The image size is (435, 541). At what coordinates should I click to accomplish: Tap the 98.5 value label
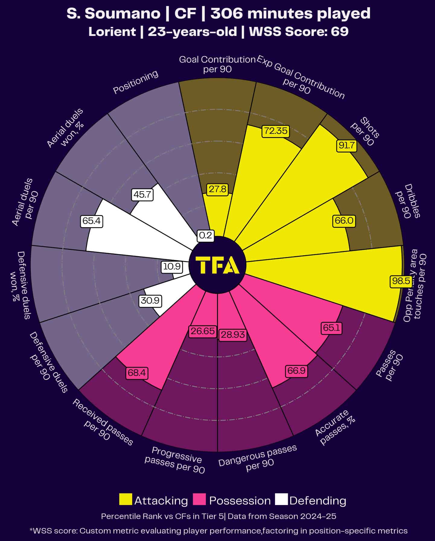pyautogui.click(x=401, y=281)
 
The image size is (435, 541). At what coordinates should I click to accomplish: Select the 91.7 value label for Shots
pyautogui.click(x=347, y=146)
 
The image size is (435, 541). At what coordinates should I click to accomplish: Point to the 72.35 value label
pyautogui.click(x=276, y=131)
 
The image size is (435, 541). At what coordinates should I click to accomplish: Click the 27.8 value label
pyautogui.click(x=217, y=189)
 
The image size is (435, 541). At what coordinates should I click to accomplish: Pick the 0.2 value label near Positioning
pyautogui.click(x=206, y=235)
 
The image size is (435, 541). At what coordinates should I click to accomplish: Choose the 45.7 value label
pyautogui.click(x=142, y=195)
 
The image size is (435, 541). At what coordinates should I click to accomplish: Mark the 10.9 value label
pyautogui.click(x=171, y=266)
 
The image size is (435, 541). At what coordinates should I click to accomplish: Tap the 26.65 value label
pyautogui.click(x=203, y=331)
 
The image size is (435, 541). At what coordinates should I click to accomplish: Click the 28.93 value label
pyautogui.click(x=232, y=335)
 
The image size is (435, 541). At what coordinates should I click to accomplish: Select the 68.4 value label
pyautogui.click(x=136, y=373)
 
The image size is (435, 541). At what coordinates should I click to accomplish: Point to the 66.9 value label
pyautogui.click(x=296, y=371)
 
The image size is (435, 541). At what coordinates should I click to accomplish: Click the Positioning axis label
pyautogui.click(x=136, y=82)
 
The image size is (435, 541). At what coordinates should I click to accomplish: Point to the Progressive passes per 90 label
pyautogui.click(x=175, y=460)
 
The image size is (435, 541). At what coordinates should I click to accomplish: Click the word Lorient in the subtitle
pyautogui.click(x=112, y=31)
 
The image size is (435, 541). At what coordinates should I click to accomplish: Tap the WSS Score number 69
pyautogui.click(x=340, y=31)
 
